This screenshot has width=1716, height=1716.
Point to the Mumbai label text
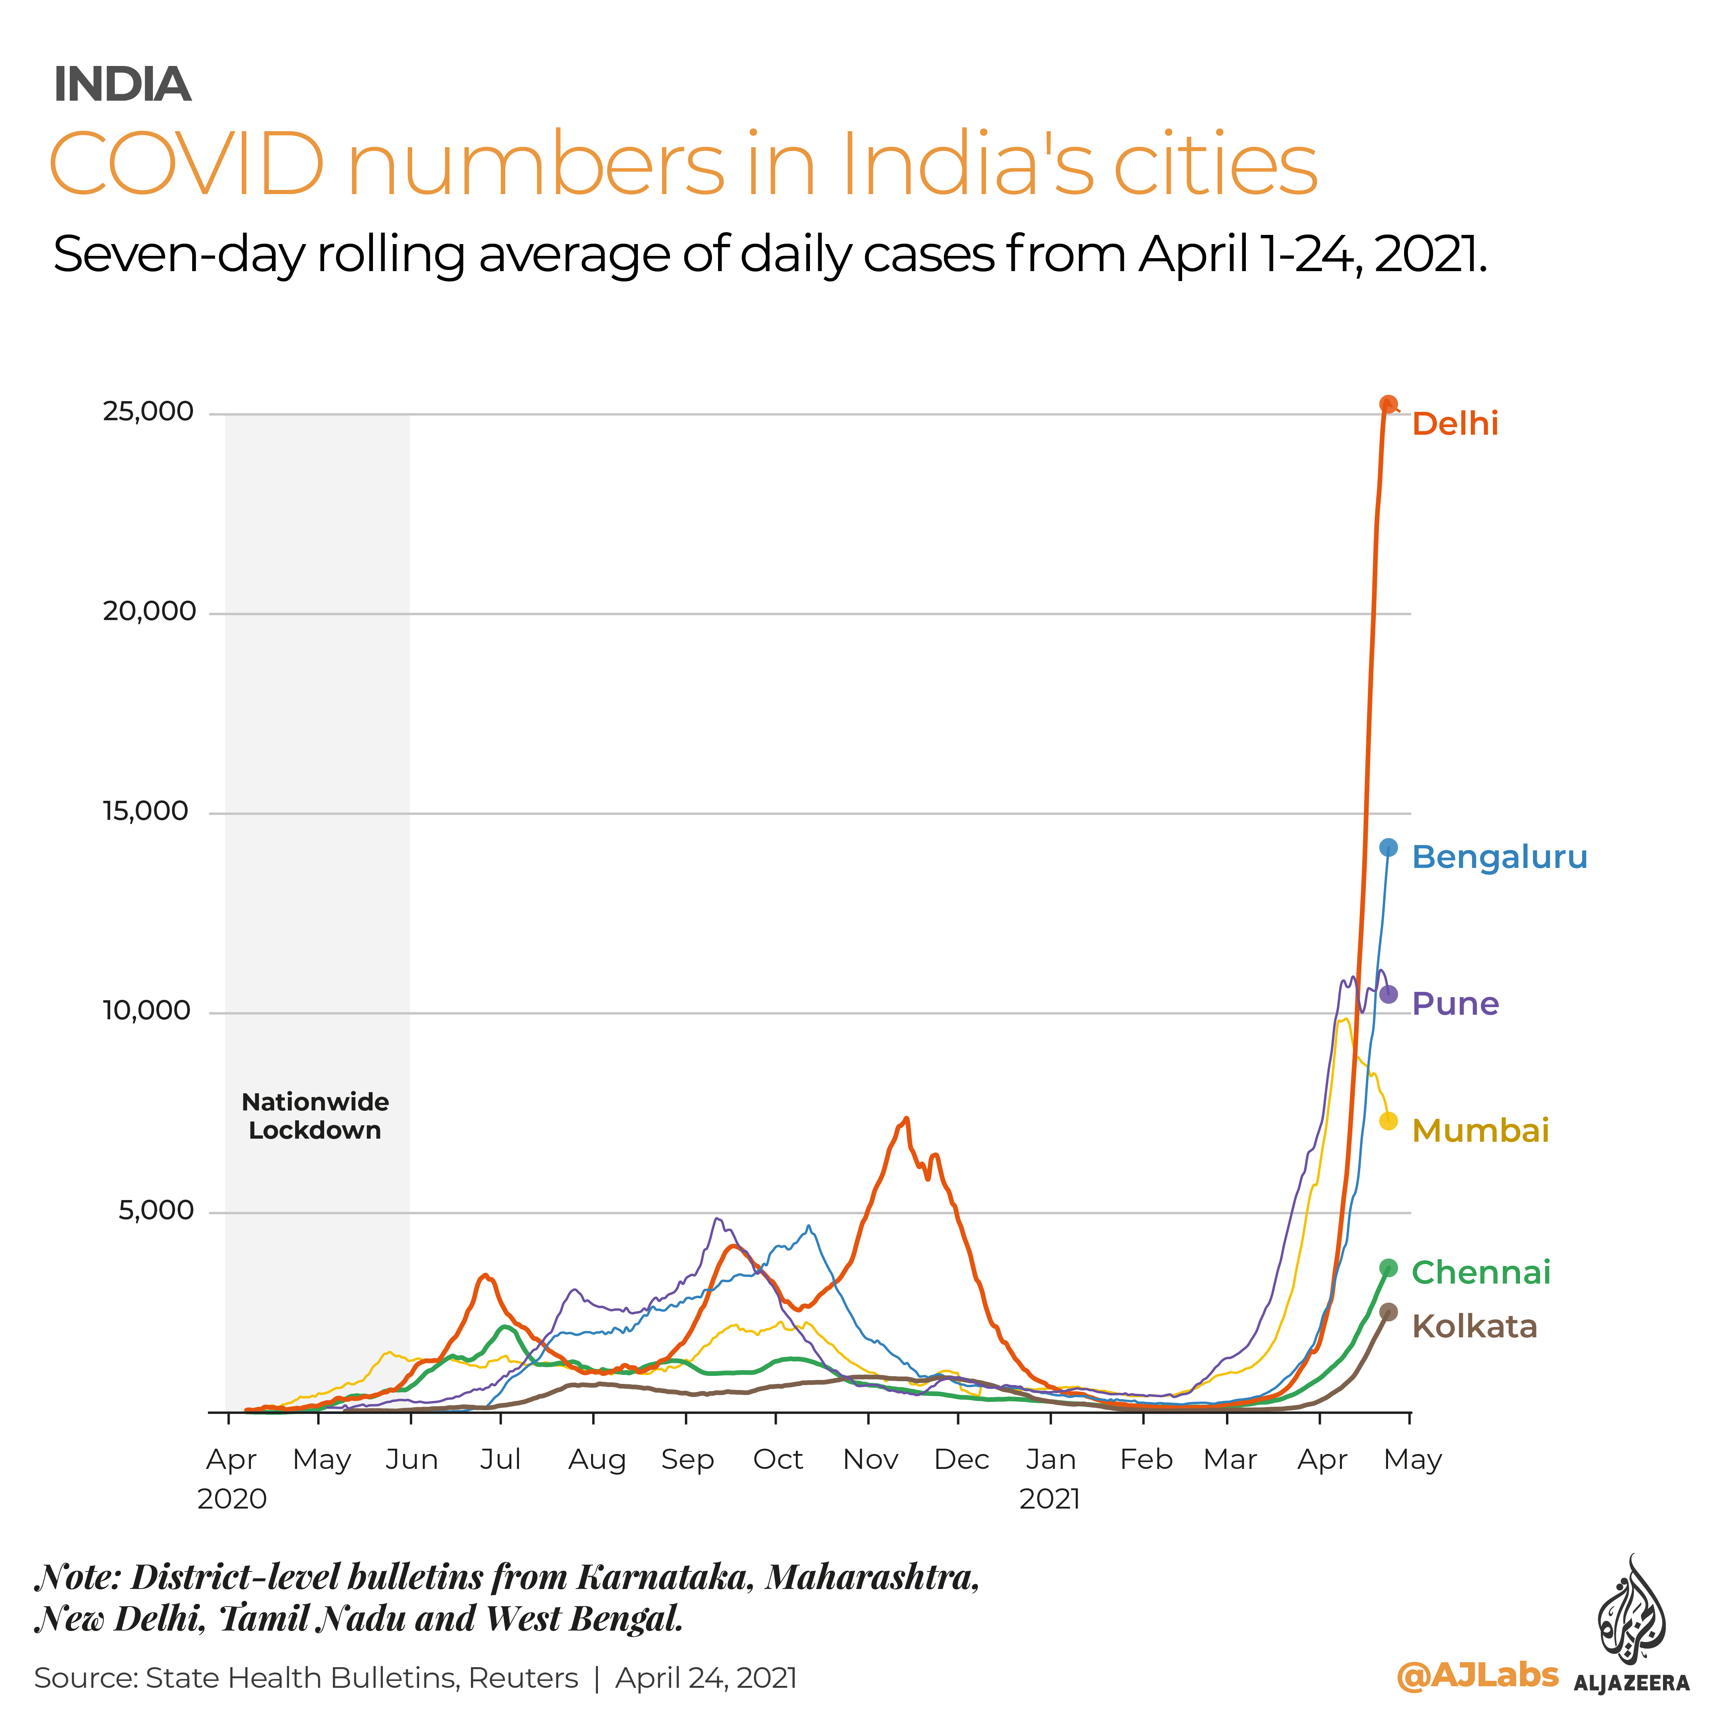click(x=1480, y=1131)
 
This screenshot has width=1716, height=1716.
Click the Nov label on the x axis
click(x=869, y=1459)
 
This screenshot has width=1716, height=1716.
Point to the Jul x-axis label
click(x=500, y=1459)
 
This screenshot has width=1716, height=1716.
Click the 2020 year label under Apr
click(x=232, y=1499)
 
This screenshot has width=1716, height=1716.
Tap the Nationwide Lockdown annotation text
click(x=315, y=1117)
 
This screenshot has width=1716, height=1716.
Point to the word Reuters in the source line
click(x=523, y=1678)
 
